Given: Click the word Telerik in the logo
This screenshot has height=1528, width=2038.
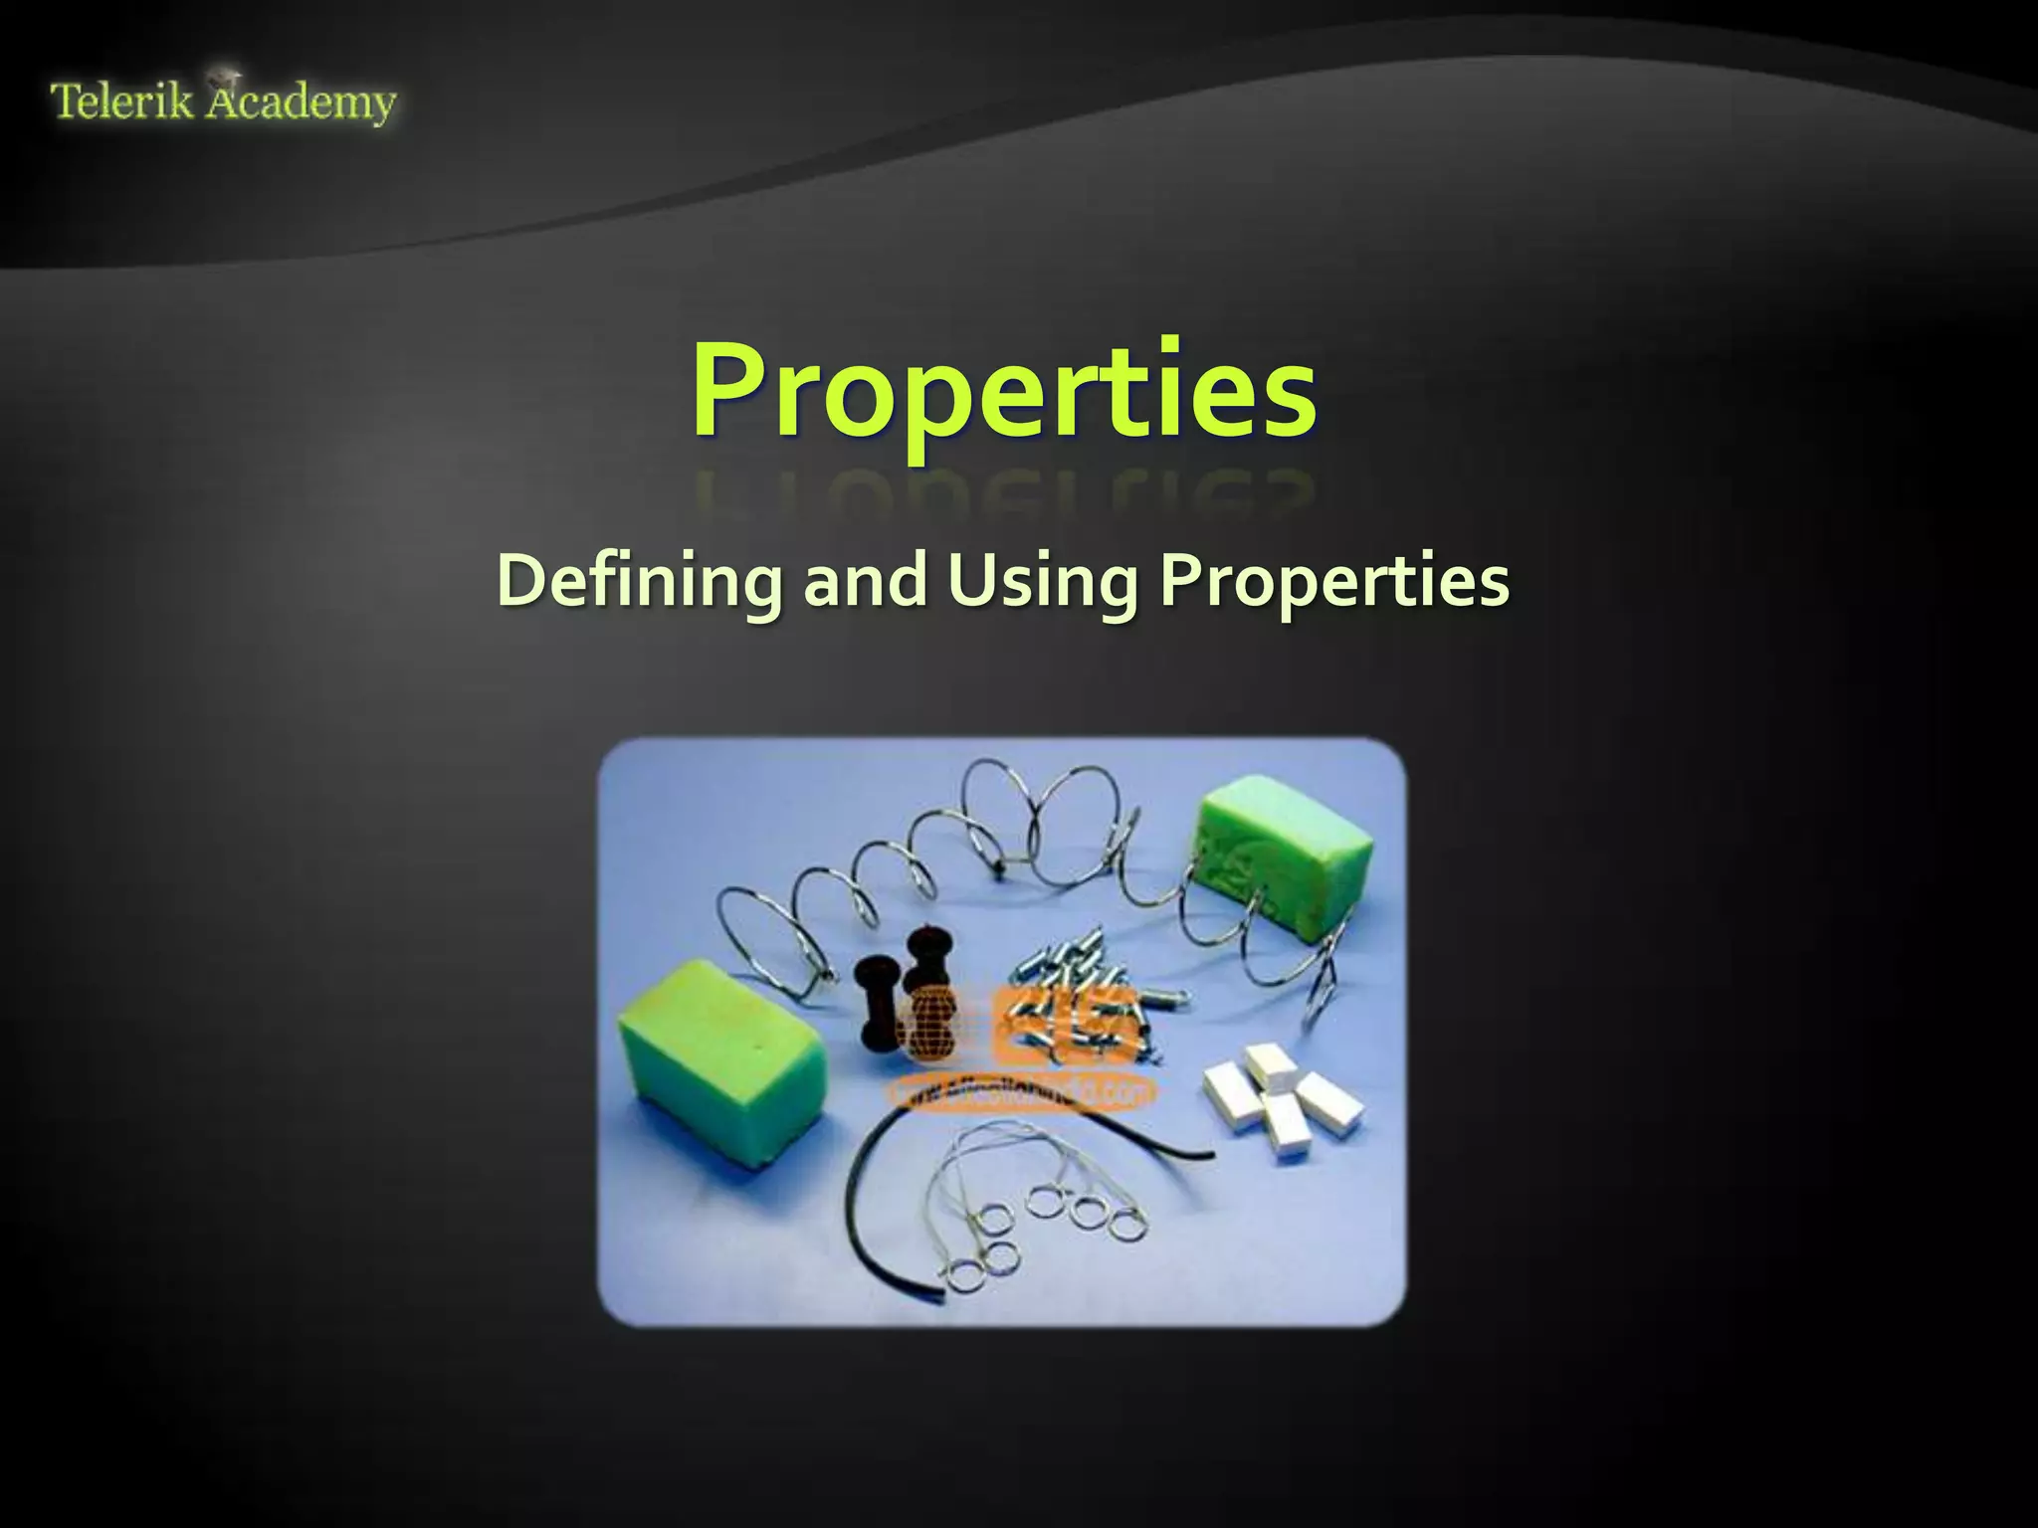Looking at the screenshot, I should [121, 101].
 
